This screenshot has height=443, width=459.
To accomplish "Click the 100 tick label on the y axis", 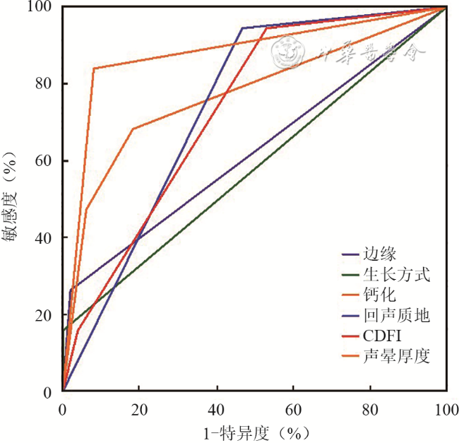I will (44, 8).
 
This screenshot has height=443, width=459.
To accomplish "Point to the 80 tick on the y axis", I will (47, 84).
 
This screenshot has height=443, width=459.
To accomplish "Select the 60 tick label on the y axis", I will (47, 161).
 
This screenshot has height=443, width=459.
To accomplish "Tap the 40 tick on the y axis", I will (47, 238).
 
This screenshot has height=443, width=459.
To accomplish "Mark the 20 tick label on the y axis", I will (47, 315).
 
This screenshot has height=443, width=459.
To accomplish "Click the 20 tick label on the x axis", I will (139, 408).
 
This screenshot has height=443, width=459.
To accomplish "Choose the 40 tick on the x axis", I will (216, 408).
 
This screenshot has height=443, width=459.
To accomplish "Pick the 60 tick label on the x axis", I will (293, 408).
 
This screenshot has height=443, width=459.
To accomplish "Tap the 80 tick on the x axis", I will (369, 408).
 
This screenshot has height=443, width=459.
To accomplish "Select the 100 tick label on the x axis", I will (446, 408).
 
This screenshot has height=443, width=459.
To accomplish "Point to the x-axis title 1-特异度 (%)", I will (254, 431).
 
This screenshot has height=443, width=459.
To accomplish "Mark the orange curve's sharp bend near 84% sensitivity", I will (94, 69).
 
